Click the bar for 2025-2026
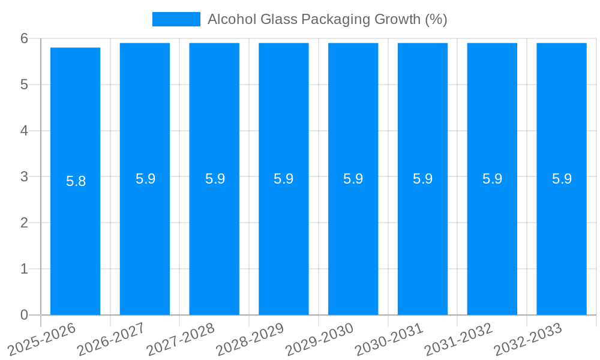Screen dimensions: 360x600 pos(75,240)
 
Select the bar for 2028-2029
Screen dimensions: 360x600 pos(284,240)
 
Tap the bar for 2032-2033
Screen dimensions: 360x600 pos(562,240)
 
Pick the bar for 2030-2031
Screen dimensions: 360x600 pos(422,240)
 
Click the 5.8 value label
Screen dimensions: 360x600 pos(76,181)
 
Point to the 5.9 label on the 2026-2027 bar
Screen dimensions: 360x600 pos(145,179)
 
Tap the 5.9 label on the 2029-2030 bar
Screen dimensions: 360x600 pos(353,179)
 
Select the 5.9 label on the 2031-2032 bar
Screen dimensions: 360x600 pos(492,179)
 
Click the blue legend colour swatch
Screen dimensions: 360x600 pos(176,19)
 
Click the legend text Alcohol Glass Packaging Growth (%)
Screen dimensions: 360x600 pos(327,19)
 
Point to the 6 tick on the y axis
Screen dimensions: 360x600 pos(24,38)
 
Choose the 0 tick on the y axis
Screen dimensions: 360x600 pos(24,315)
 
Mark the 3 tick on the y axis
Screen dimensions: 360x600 pos(24,176)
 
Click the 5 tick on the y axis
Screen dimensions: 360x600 pos(24,85)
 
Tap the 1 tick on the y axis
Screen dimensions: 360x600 pos(24,269)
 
